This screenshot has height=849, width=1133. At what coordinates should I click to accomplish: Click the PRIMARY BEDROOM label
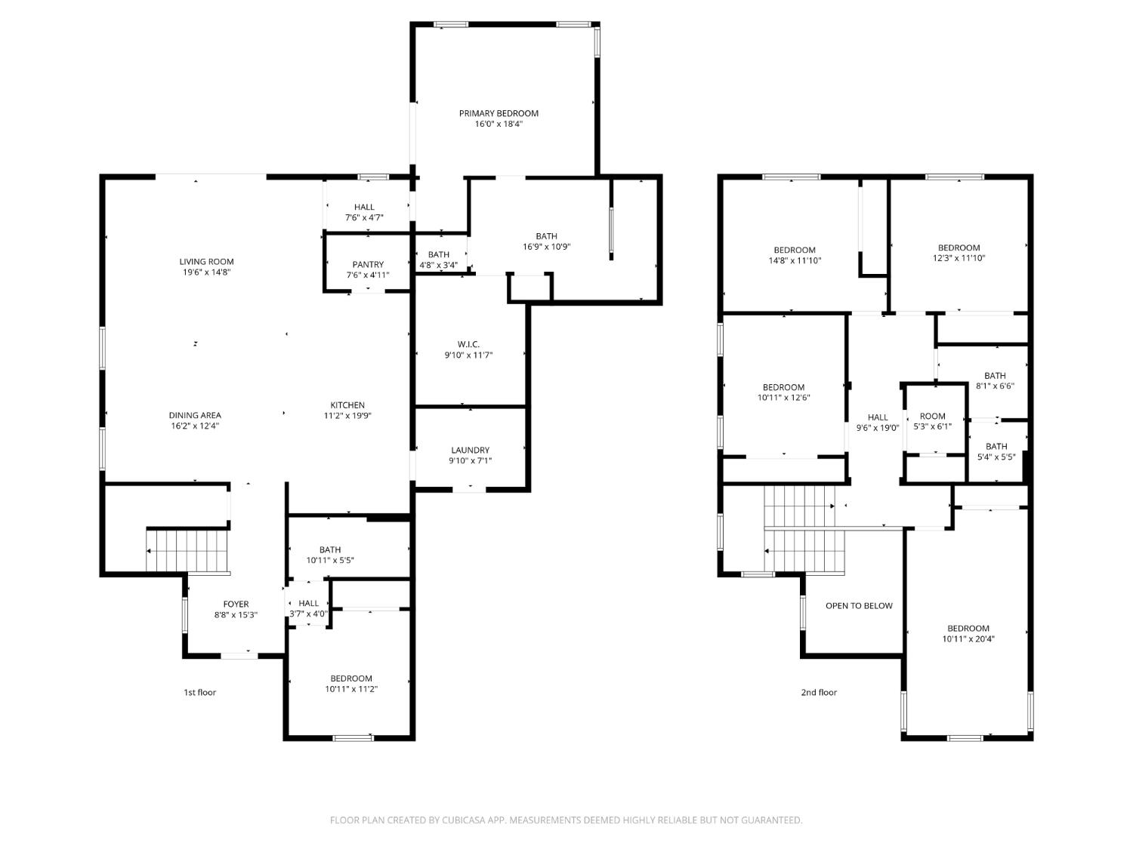499,113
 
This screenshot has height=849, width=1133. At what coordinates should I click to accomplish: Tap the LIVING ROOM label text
201,262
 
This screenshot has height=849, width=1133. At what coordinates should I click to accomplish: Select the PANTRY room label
368,264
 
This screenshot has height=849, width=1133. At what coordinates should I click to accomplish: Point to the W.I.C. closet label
468,344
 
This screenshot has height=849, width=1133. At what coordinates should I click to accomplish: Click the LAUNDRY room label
470,450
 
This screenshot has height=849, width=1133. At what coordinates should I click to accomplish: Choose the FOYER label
236,604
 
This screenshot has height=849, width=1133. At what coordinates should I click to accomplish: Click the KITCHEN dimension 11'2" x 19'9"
347,416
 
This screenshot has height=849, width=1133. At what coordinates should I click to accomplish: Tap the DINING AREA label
195,415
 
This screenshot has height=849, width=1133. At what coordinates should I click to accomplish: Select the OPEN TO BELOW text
859,605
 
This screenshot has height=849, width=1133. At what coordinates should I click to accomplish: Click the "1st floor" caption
199,692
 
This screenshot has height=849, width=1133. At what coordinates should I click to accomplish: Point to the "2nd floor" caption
819,692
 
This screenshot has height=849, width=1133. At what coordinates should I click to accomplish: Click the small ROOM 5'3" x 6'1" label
933,416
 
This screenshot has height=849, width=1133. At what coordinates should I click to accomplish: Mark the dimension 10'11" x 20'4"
968,639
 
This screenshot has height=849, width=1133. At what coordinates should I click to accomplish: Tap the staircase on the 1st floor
187,551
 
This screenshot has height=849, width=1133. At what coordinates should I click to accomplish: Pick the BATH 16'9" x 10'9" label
546,236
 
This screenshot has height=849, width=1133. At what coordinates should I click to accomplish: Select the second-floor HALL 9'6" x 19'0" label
878,417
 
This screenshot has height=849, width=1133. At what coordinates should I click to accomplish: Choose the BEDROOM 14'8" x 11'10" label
794,250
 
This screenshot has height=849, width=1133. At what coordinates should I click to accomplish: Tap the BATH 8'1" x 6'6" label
995,375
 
